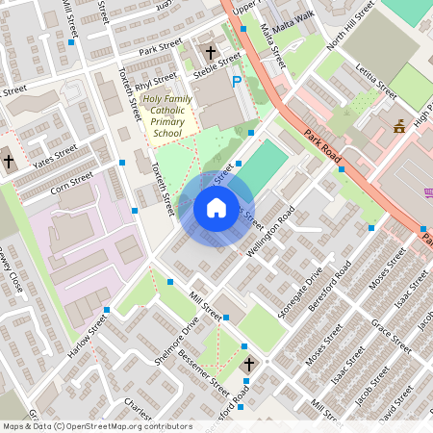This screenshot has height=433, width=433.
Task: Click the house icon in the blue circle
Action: pos(216,208)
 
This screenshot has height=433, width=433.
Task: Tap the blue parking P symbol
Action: pos(237,82)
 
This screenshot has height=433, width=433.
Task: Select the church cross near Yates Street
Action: pos(9,161)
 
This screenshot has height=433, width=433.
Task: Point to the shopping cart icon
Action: pos(428,193)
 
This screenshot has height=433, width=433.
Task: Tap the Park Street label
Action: pos(160,45)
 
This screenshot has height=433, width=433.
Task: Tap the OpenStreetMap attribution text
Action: pos(97,426)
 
